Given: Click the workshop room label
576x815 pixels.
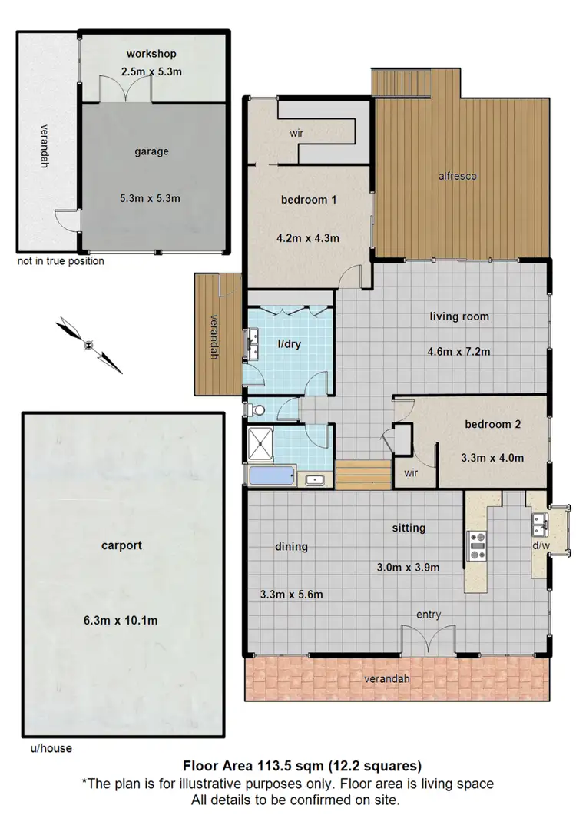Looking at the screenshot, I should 151,54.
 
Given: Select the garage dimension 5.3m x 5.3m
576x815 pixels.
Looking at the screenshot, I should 151,199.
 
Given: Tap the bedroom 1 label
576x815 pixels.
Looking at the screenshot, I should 310,200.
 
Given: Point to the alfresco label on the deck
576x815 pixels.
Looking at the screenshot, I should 458,176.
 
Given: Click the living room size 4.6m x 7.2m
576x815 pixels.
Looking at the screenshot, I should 458,352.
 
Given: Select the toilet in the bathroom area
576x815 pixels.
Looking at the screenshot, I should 250,410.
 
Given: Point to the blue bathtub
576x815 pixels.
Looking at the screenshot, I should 270,476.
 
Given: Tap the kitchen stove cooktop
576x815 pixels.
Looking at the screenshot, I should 477,545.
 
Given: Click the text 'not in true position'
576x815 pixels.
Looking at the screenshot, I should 61,261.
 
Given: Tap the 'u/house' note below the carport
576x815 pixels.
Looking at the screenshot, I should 46,747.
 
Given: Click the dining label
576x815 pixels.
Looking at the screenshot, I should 291,547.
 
